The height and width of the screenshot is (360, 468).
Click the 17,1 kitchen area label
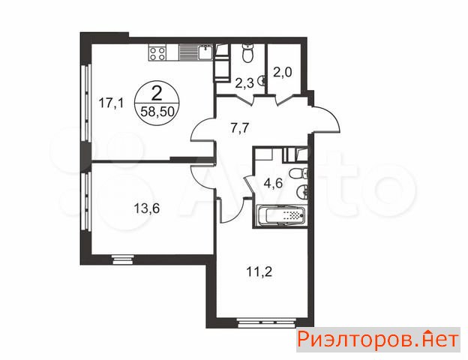click(111, 103)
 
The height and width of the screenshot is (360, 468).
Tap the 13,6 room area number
click(146, 208)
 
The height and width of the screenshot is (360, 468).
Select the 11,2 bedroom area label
click(259, 271)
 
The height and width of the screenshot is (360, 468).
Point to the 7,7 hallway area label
click(240, 128)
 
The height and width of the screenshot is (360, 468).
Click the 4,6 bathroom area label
click(273, 183)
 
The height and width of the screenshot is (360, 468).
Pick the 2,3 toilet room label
click(244, 83)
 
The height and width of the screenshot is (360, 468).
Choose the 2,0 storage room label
click(283, 72)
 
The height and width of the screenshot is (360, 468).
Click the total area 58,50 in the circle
click(157, 112)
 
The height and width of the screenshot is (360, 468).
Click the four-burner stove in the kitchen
click(157, 52)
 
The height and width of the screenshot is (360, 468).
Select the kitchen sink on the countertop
click(205, 52)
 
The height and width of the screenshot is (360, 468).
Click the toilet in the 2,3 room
click(247, 53)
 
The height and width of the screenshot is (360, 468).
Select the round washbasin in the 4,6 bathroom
click(301, 191)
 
